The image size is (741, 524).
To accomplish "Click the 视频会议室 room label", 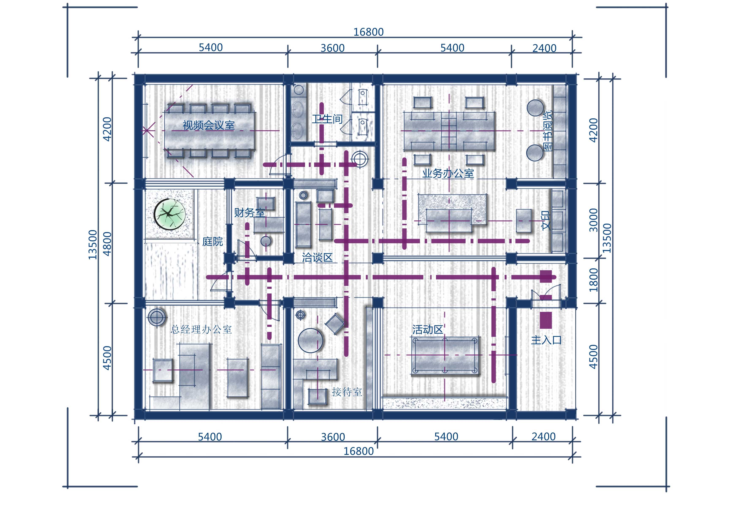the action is tap(208, 125).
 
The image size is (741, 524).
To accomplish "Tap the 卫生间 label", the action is tap(327, 119).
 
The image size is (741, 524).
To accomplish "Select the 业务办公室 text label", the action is tap(448, 174).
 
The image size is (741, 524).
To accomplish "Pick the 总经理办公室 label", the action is tap(201, 330).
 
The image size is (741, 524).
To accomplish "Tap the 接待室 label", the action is tap(347, 392).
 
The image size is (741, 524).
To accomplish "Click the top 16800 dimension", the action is tap(369, 32).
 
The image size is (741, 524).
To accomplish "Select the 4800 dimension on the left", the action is tap(107, 244).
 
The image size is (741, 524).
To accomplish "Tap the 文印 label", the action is tap(545, 221).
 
